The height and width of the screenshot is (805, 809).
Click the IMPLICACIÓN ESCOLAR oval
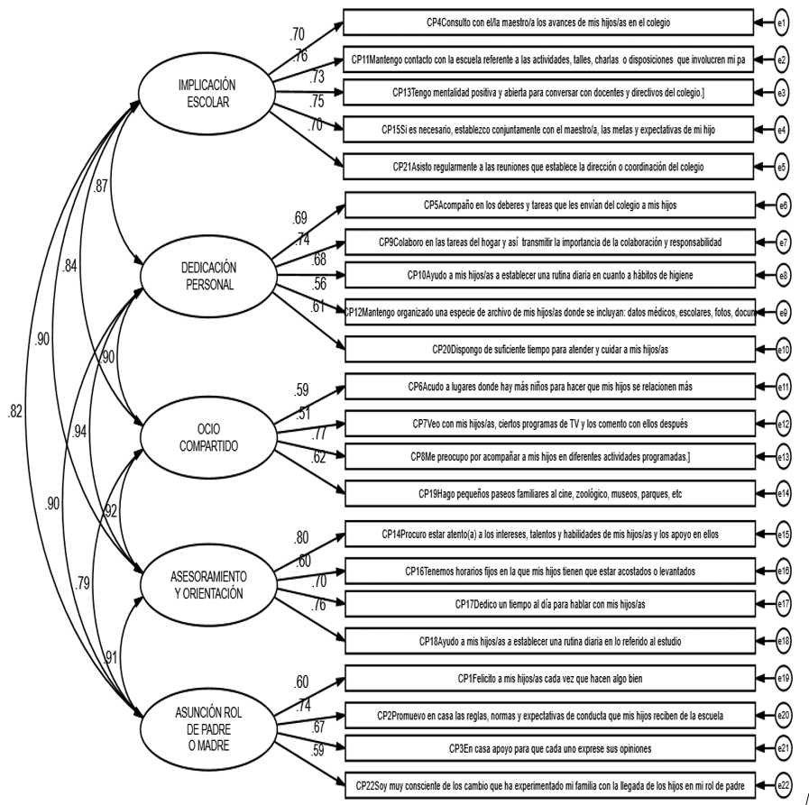(207, 90)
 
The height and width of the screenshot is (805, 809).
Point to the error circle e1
(783, 19)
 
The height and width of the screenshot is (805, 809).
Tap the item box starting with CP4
(548, 19)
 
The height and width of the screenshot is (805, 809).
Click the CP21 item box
(548, 167)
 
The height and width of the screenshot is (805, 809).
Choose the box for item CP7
(548, 423)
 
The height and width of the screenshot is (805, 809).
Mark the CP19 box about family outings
(548, 494)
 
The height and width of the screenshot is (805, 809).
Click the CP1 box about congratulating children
(548, 678)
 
